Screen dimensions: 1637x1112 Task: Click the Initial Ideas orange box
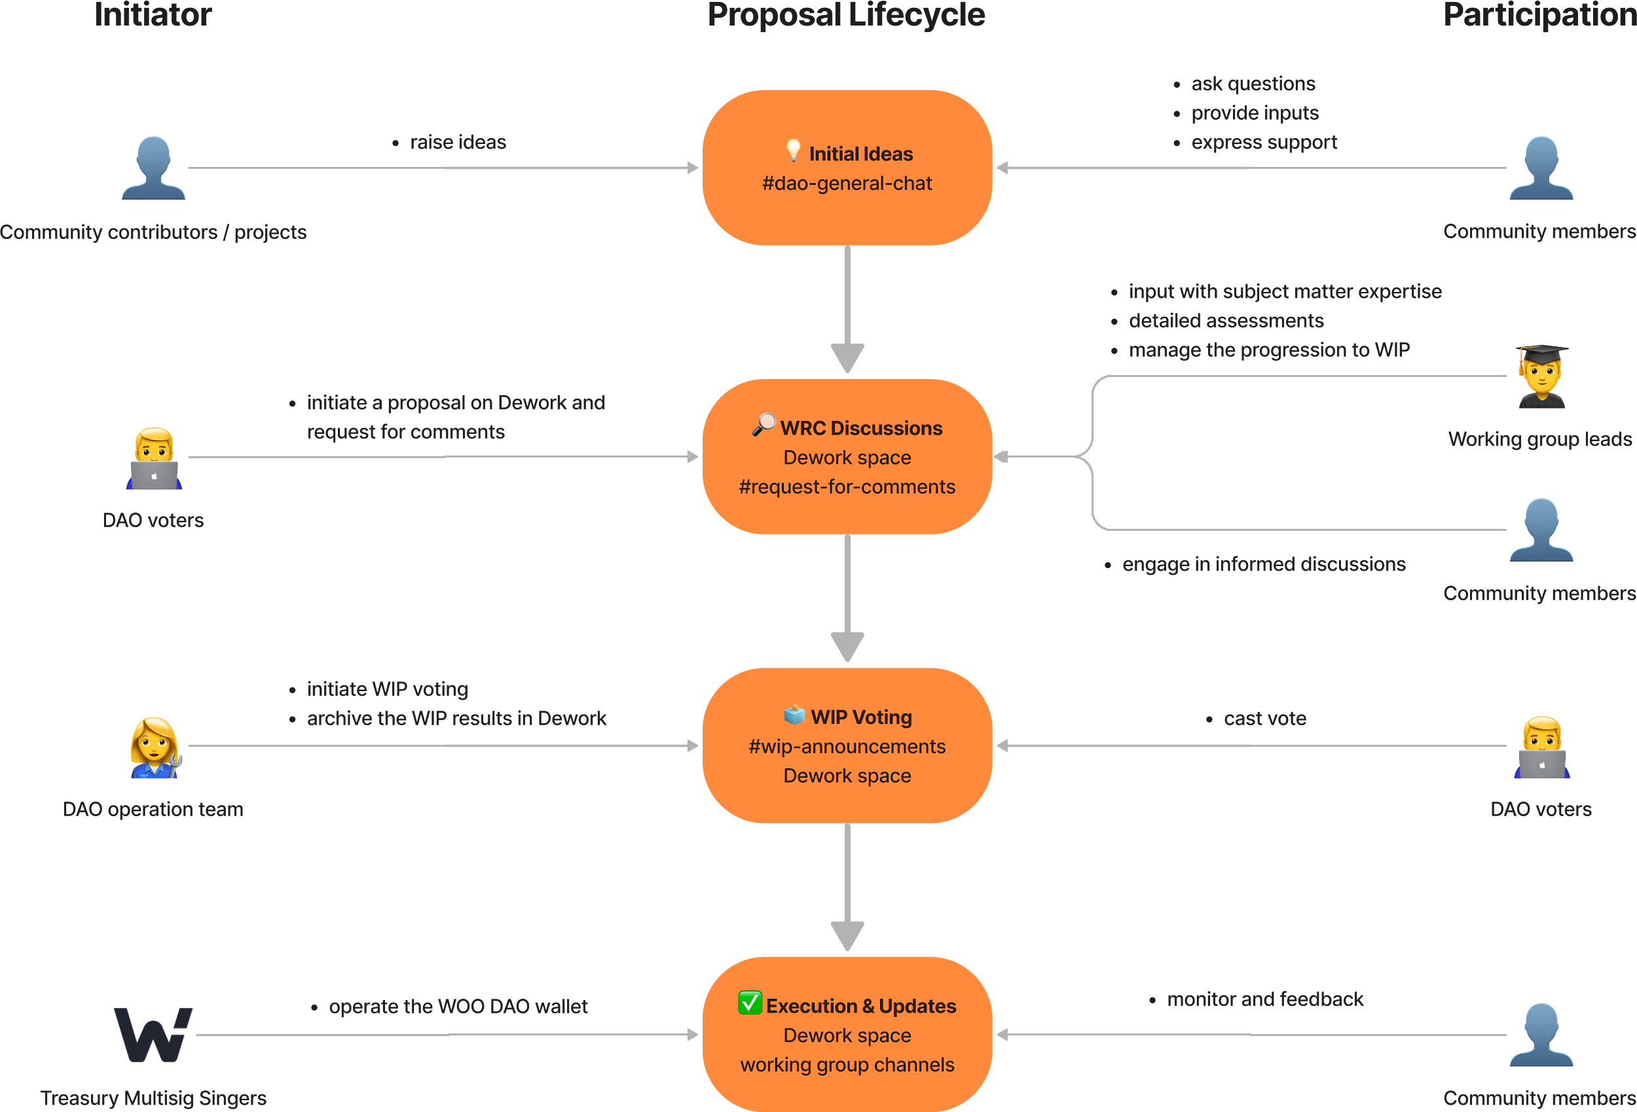tap(847, 168)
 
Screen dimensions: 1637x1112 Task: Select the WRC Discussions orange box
tap(847, 456)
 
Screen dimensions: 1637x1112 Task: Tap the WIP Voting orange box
tap(847, 745)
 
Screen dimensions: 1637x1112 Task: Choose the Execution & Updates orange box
tap(847, 1034)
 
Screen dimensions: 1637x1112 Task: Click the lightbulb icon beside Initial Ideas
tap(793, 150)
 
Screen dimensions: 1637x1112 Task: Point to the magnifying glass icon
tap(763, 425)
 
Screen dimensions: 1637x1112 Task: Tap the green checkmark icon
tap(750, 1002)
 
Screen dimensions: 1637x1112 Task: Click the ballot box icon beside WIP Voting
tap(794, 714)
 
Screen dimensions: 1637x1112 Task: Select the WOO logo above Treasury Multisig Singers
tap(153, 1034)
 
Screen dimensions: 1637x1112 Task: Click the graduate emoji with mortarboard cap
tap(1542, 376)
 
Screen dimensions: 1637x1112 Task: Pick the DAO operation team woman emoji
tap(156, 747)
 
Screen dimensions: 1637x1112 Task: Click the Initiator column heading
tap(153, 15)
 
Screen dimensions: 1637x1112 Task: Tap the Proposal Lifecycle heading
tap(846, 16)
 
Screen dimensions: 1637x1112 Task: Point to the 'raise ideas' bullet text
tap(458, 142)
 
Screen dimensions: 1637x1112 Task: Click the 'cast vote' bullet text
tap(1265, 719)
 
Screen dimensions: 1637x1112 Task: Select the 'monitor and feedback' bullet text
tap(1265, 999)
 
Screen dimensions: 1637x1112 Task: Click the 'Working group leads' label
tap(1540, 439)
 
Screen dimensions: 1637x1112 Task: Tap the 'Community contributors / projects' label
tap(153, 232)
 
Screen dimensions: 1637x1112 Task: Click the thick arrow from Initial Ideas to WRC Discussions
tap(847, 309)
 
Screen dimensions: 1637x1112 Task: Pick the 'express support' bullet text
tap(1264, 143)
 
